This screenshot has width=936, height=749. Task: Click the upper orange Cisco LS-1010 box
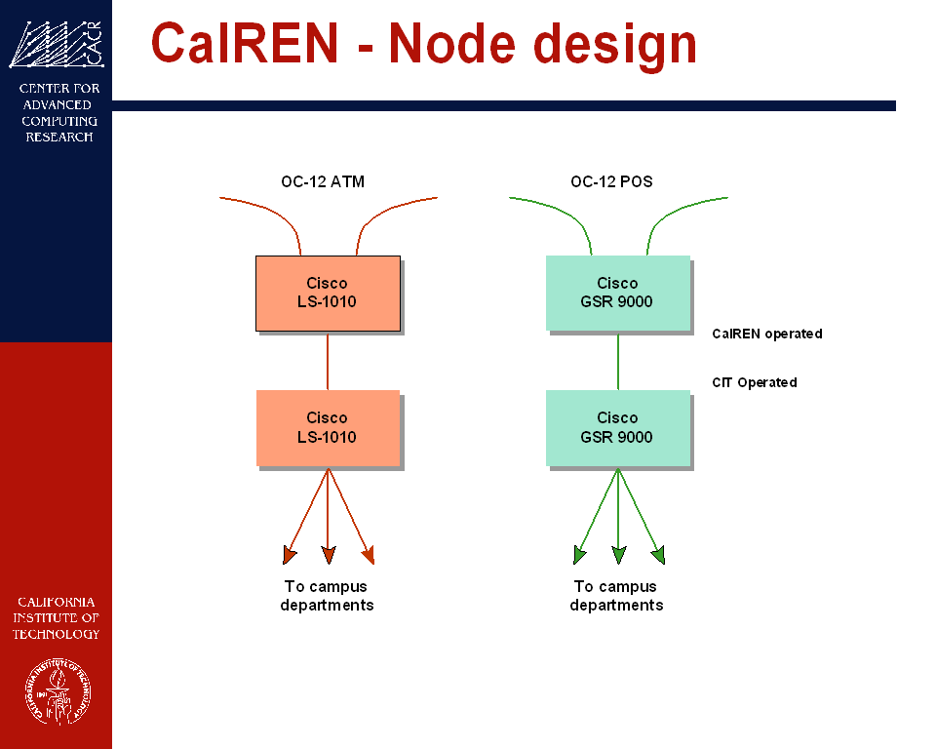point(328,293)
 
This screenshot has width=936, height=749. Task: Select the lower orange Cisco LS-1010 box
point(328,427)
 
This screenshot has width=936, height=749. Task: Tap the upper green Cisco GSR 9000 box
point(617,293)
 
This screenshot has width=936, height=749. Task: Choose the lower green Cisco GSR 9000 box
point(617,427)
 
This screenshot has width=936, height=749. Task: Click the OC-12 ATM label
point(323,181)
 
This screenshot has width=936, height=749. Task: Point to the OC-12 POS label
point(611,181)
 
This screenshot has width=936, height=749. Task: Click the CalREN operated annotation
point(766,334)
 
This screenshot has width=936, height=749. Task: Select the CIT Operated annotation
point(754,382)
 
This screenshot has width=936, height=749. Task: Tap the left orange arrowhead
point(289,556)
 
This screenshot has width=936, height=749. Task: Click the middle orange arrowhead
point(328,556)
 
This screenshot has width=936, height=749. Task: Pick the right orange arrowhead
point(368,556)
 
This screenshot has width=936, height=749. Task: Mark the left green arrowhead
point(579,556)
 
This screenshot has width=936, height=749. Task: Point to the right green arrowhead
point(658,556)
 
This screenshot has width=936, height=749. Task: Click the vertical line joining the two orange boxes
point(328,361)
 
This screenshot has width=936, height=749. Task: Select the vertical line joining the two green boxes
point(618,361)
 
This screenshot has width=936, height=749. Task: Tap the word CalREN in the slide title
point(245,44)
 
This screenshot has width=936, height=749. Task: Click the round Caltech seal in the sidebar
point(56,691)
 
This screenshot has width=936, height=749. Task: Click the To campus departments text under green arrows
point(616,596)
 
